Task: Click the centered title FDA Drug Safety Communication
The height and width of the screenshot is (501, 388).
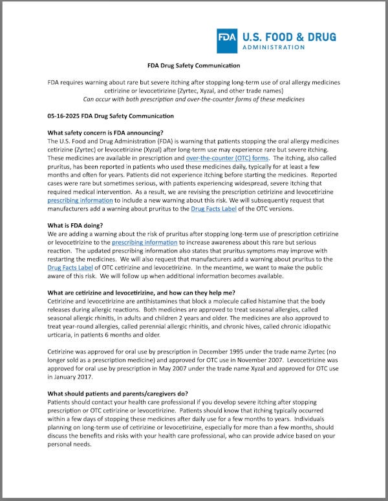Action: coord(194,65)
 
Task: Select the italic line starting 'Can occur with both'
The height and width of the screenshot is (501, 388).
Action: coord(194,99)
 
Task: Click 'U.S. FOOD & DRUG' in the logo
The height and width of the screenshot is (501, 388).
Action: coord(289,36)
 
